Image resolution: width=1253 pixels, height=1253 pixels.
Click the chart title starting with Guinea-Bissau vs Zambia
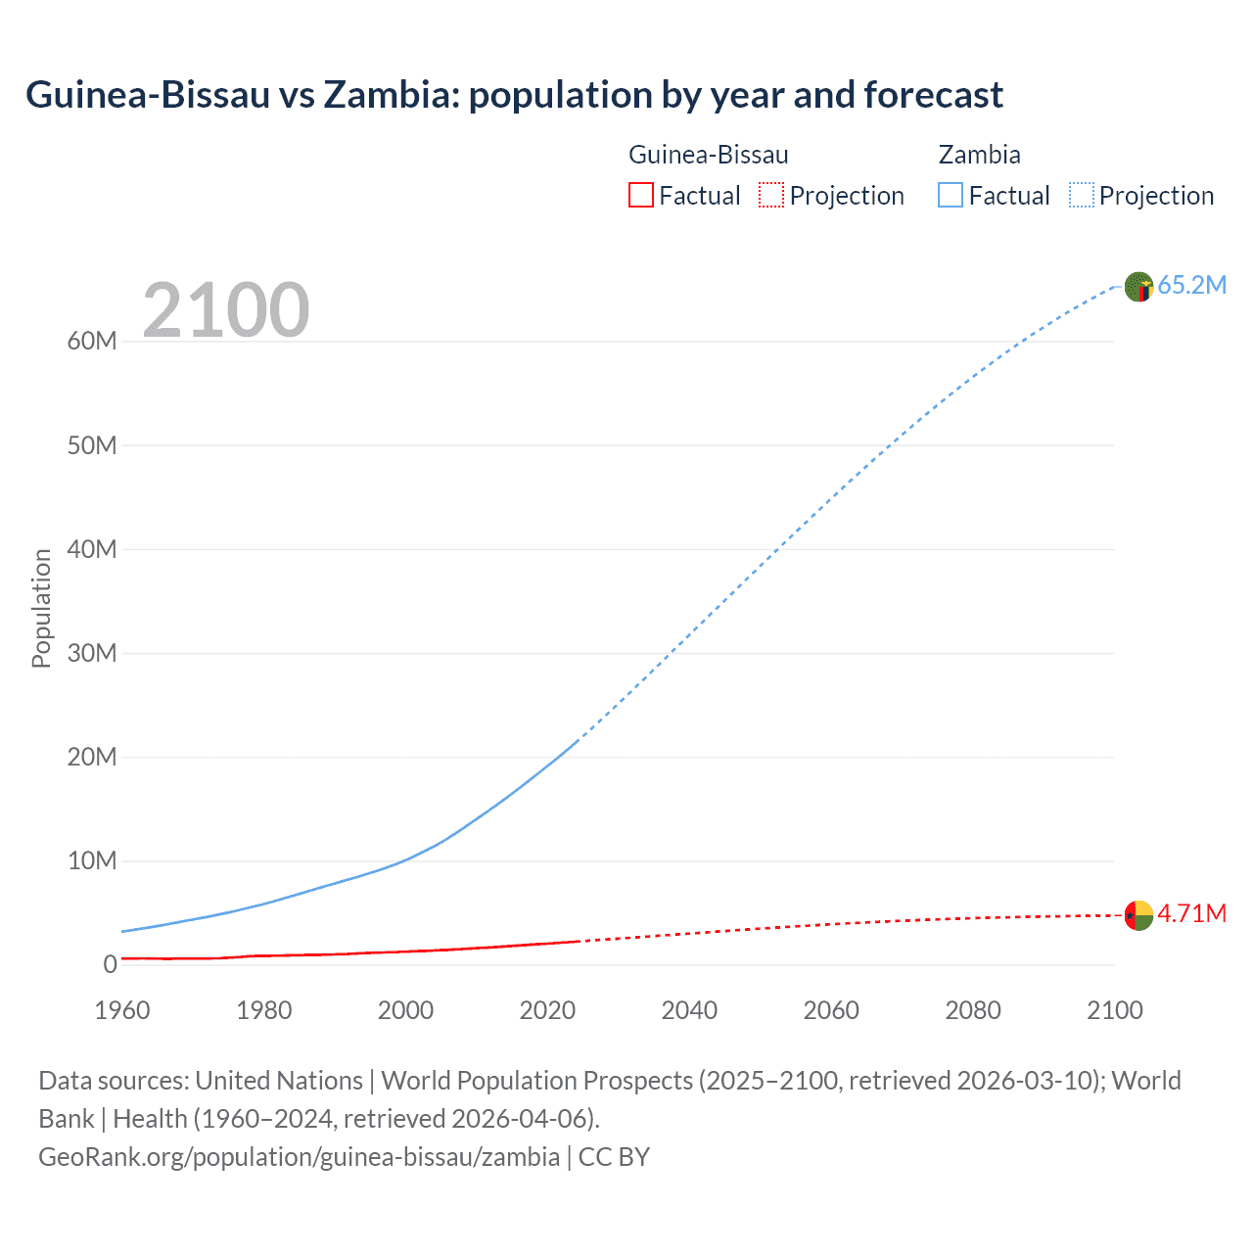click(514, 95)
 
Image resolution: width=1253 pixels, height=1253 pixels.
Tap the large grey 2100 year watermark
click(226, 310)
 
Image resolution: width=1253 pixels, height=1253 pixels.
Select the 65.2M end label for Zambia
click(1191, 285)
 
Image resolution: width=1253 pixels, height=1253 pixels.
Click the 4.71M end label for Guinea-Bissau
click(1191, 913)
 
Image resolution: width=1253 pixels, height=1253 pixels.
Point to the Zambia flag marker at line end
click(1138, 287)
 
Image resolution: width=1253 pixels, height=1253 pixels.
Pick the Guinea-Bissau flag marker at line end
click(1138, 915)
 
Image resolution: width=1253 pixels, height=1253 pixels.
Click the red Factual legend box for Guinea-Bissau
click(641, 196)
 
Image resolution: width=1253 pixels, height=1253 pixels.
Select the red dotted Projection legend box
click(771, 196)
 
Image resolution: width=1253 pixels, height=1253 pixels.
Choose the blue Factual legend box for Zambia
click(951, 196)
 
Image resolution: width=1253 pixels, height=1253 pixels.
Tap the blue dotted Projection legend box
click(1082, 196)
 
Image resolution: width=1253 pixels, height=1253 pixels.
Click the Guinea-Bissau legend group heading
click(708, 155)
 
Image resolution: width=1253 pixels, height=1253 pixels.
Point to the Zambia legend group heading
click(979, 155)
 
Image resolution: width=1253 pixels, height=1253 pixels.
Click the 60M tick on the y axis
click(92, 342)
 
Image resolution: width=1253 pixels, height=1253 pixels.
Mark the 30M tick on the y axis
click(92, 653)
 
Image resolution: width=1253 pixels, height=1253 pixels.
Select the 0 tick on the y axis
click(110, 964)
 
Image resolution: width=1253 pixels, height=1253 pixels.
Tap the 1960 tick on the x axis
click(122, 1010)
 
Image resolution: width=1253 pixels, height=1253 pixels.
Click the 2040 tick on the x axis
click(689, 1010)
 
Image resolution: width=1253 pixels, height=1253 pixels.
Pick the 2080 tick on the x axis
click(973, 1010)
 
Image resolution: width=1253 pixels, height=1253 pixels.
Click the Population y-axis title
click(41, 608)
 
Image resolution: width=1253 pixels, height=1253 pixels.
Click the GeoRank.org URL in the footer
click(299, 1157)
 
